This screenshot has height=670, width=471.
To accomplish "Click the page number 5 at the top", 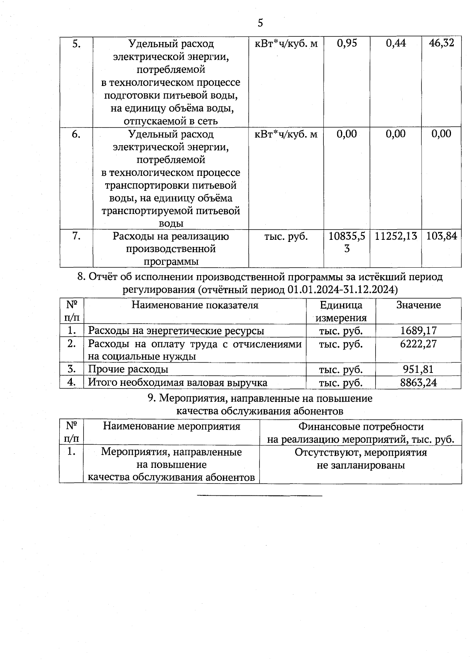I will [260, 23].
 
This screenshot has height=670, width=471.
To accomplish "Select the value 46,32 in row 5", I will [442, 43].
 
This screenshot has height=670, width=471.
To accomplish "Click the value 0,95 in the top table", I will [347, 43].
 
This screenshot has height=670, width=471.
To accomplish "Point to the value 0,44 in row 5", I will [396, 43].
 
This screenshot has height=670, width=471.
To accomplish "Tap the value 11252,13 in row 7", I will [396, 236].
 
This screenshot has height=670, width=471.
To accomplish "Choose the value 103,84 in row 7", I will [442, 236].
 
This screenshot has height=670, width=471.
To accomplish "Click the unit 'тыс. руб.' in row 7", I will [286, 236].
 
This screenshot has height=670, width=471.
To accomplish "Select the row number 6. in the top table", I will [76, 134].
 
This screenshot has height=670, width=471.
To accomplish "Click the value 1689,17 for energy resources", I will [418, 330].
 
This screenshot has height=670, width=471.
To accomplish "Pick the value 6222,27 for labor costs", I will [418, 344].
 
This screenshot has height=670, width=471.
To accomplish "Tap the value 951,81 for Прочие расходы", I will [418, 369].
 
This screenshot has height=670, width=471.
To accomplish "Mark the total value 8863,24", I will [418, 382].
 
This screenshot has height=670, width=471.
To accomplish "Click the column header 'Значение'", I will [418, 305].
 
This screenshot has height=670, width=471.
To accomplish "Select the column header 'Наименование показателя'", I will [195, 305].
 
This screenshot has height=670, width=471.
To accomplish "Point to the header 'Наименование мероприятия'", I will [172, 426].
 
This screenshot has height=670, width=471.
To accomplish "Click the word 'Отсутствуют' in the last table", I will [328, 453].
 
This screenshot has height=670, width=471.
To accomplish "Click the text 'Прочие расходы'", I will [128, 369].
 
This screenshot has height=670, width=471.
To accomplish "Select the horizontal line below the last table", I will [259, 496].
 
